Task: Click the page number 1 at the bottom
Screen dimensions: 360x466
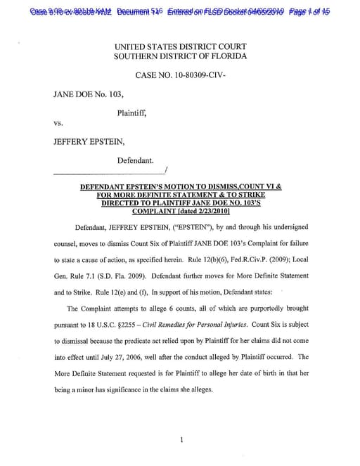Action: tap(181, 440)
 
